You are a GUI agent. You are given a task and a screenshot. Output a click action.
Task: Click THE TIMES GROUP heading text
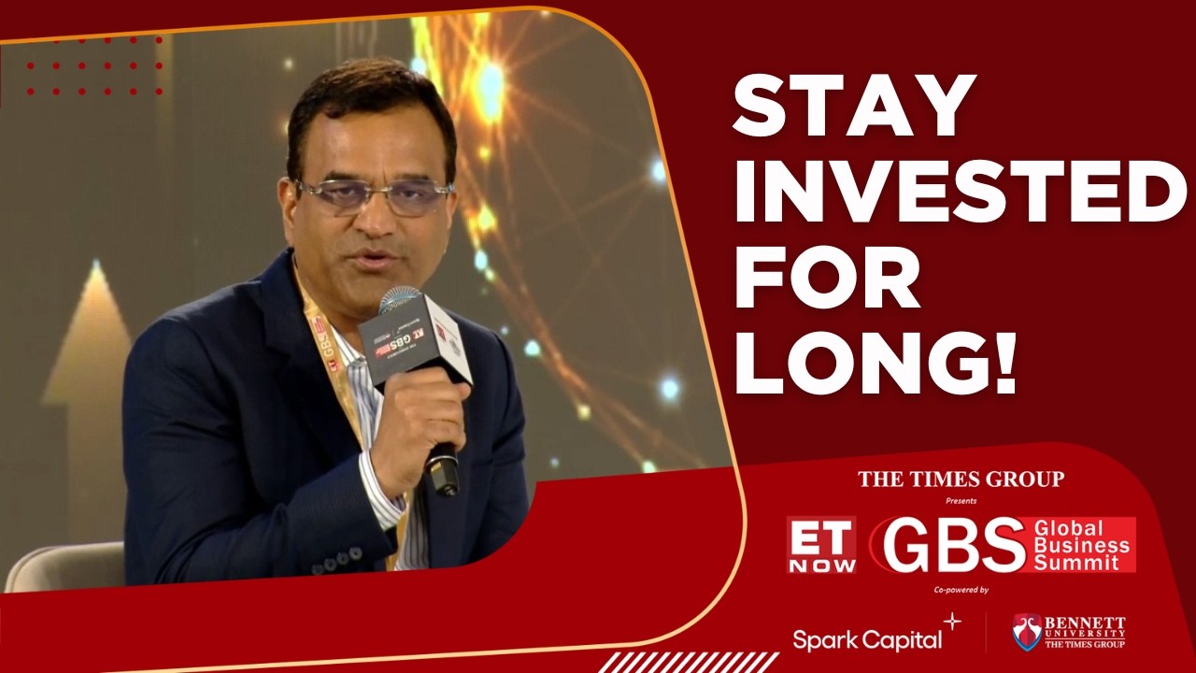(961, 480)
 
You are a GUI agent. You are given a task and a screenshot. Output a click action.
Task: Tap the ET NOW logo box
(820, 544)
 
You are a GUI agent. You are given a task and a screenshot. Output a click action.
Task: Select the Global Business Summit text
(1082, 545)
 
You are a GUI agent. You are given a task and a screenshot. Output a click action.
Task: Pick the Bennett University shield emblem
(1027, 632)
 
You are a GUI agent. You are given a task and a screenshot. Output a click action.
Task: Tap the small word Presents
(961, 501)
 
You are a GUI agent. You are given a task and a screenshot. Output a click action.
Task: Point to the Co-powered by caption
(961, 590)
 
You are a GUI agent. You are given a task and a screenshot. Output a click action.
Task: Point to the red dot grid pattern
(93, 66)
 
